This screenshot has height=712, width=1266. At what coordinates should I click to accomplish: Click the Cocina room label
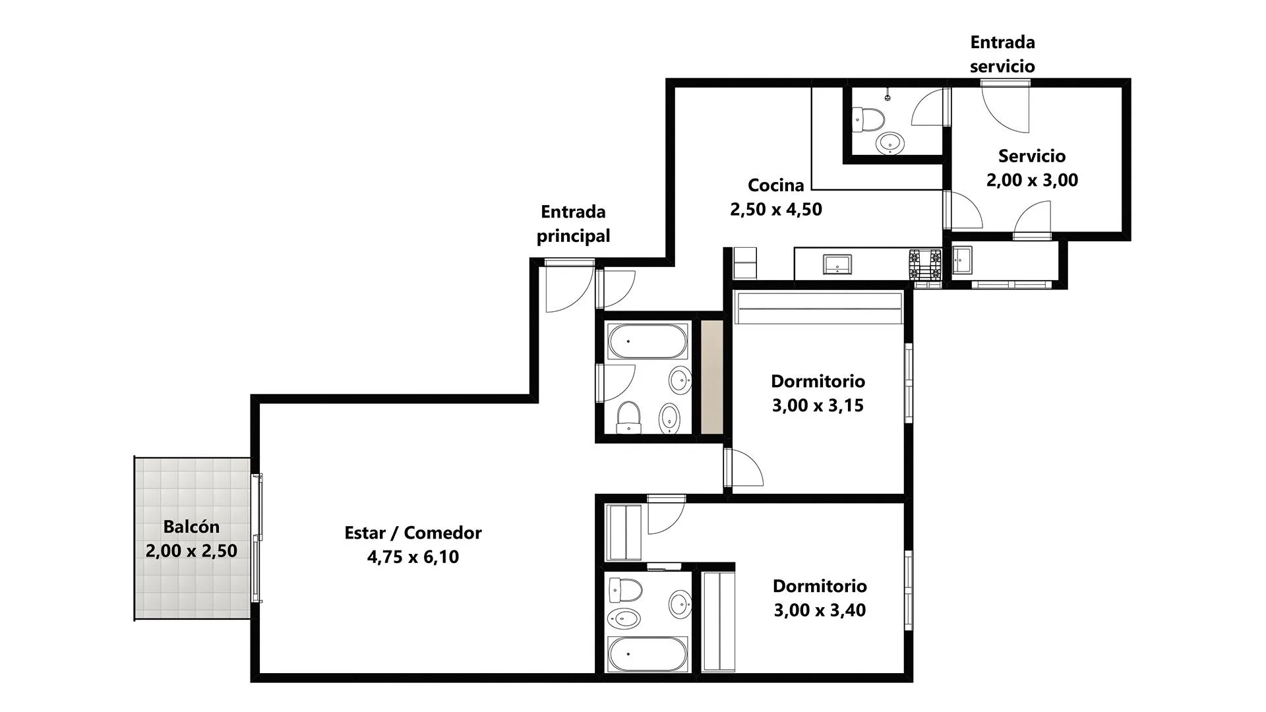point(776,185)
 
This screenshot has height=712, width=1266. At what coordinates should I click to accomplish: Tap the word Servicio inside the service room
point(1032,156)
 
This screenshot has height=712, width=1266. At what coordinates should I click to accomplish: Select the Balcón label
point(191,527)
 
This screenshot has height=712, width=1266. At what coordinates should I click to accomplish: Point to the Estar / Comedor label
point(413,533)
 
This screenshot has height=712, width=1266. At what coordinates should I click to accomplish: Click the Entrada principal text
point(573,224)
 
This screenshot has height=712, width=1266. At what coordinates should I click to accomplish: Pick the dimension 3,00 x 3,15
point(818,405)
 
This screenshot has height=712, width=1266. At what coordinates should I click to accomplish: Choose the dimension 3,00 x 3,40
point(820,610)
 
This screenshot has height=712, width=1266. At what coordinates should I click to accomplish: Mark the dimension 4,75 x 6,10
point(413,557)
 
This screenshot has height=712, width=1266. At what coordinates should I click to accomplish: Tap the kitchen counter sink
point(837,264)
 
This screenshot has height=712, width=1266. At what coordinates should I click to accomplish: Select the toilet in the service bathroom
point(868,119)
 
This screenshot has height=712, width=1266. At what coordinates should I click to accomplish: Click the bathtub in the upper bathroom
point(648,341)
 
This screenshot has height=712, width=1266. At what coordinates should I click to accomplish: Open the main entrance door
point(570,285)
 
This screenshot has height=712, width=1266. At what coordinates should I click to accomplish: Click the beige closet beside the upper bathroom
point(712,377)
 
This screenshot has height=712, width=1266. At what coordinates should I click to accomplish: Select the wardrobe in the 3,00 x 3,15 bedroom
point(818,308)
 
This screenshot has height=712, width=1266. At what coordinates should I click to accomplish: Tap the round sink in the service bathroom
point(890,142)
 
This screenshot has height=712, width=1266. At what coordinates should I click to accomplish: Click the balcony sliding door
point(258,537)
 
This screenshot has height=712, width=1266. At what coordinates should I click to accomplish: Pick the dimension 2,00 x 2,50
point(191,551)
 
